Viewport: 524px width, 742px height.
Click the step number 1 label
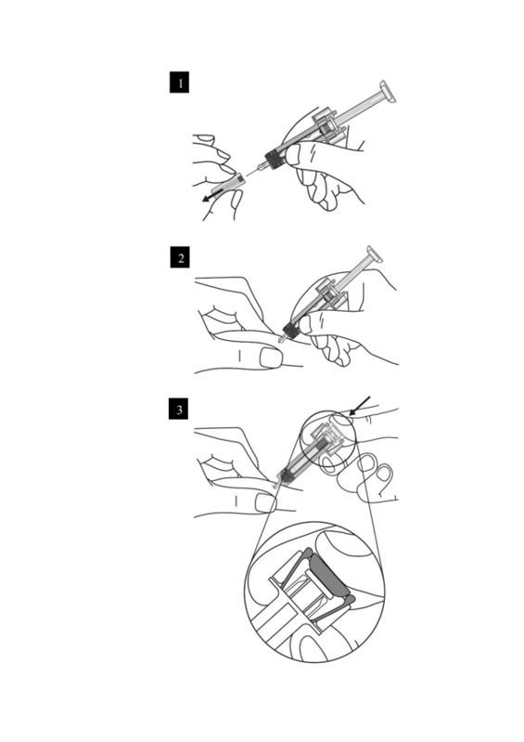179,83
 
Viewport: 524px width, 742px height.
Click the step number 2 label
180,257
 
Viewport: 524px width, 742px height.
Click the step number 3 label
179,409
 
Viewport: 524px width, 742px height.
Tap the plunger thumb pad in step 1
387,92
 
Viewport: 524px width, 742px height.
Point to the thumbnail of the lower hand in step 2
270,358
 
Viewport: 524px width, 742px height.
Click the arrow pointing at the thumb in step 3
360,406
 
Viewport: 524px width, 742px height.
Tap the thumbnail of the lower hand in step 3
265,503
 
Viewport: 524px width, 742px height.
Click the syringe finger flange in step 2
332,294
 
